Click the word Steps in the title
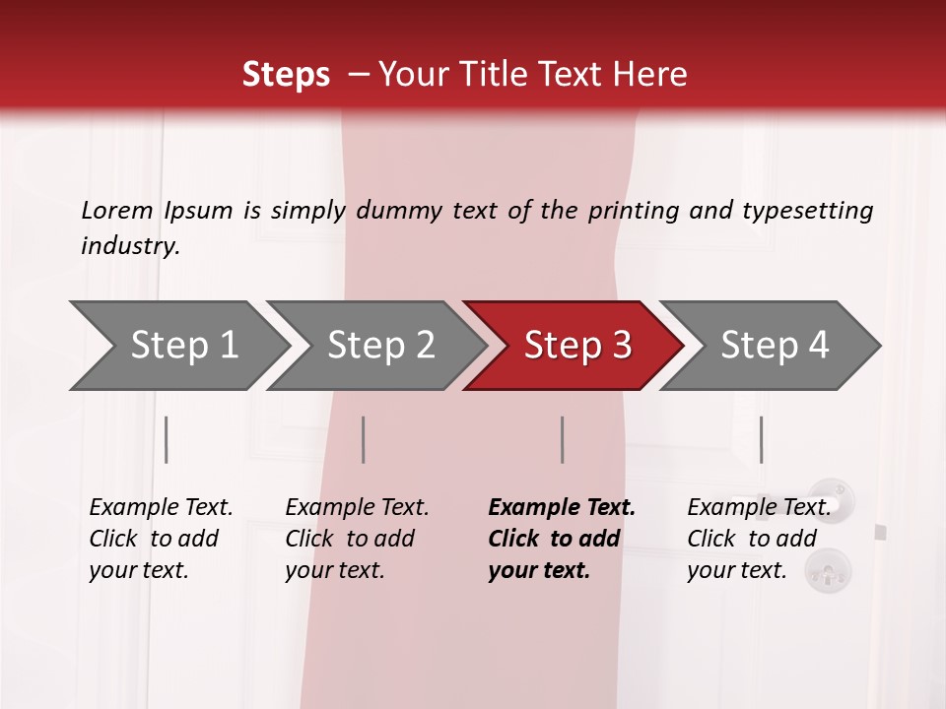(286, 74)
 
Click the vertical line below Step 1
(167, 439)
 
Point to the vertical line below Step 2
(364, 439)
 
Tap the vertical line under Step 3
(562, 439)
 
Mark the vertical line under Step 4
(761, 439)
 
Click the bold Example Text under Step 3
(562, 508)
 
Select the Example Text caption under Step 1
(161, 508)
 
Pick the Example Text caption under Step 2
(357, 508)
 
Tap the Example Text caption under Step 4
(759, 508)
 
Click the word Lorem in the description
(117, 211)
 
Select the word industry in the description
(129, 246)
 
